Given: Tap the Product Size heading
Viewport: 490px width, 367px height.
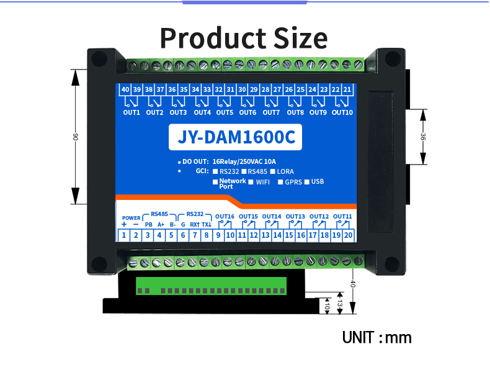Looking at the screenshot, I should [x=243, y=38].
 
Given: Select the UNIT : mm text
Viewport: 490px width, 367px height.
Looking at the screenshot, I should [x=376, y=337].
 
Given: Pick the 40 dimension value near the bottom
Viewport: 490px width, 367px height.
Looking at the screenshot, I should [x=353, y=283].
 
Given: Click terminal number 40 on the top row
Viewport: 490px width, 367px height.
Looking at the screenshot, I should [x=125, y=90].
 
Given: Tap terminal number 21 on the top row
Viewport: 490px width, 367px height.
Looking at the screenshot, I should [x=347, y=90].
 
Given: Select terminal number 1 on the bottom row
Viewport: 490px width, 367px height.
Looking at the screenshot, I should [x=124, y=235].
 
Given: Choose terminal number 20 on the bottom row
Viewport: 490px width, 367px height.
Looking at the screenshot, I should [x=348, y=235].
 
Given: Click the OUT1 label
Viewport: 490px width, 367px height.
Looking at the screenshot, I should [x=131, y=112].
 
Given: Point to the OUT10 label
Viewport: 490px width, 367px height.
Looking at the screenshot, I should [x=342, y=112].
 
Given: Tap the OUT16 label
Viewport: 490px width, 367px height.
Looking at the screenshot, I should [x=225, y=217].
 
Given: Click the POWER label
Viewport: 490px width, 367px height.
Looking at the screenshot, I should [x=131, y=218].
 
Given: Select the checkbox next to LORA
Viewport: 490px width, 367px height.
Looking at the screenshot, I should [x=272, y=171].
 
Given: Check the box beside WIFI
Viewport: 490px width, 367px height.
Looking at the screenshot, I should [x=251, y=182].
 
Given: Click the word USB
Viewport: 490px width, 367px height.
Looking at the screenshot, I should [x=318, y=182].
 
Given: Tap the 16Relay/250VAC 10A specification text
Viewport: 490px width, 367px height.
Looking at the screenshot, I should [x=244, y=161].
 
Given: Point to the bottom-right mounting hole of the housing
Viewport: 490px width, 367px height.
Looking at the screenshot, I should [x=392, y=264].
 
